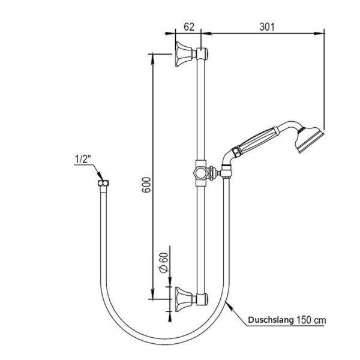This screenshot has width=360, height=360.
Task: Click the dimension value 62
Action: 189,27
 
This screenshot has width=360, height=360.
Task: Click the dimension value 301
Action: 267,27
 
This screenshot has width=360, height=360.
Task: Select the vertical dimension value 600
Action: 146,185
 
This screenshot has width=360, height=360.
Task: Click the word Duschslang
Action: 271,320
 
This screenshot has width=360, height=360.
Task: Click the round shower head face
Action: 309,140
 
